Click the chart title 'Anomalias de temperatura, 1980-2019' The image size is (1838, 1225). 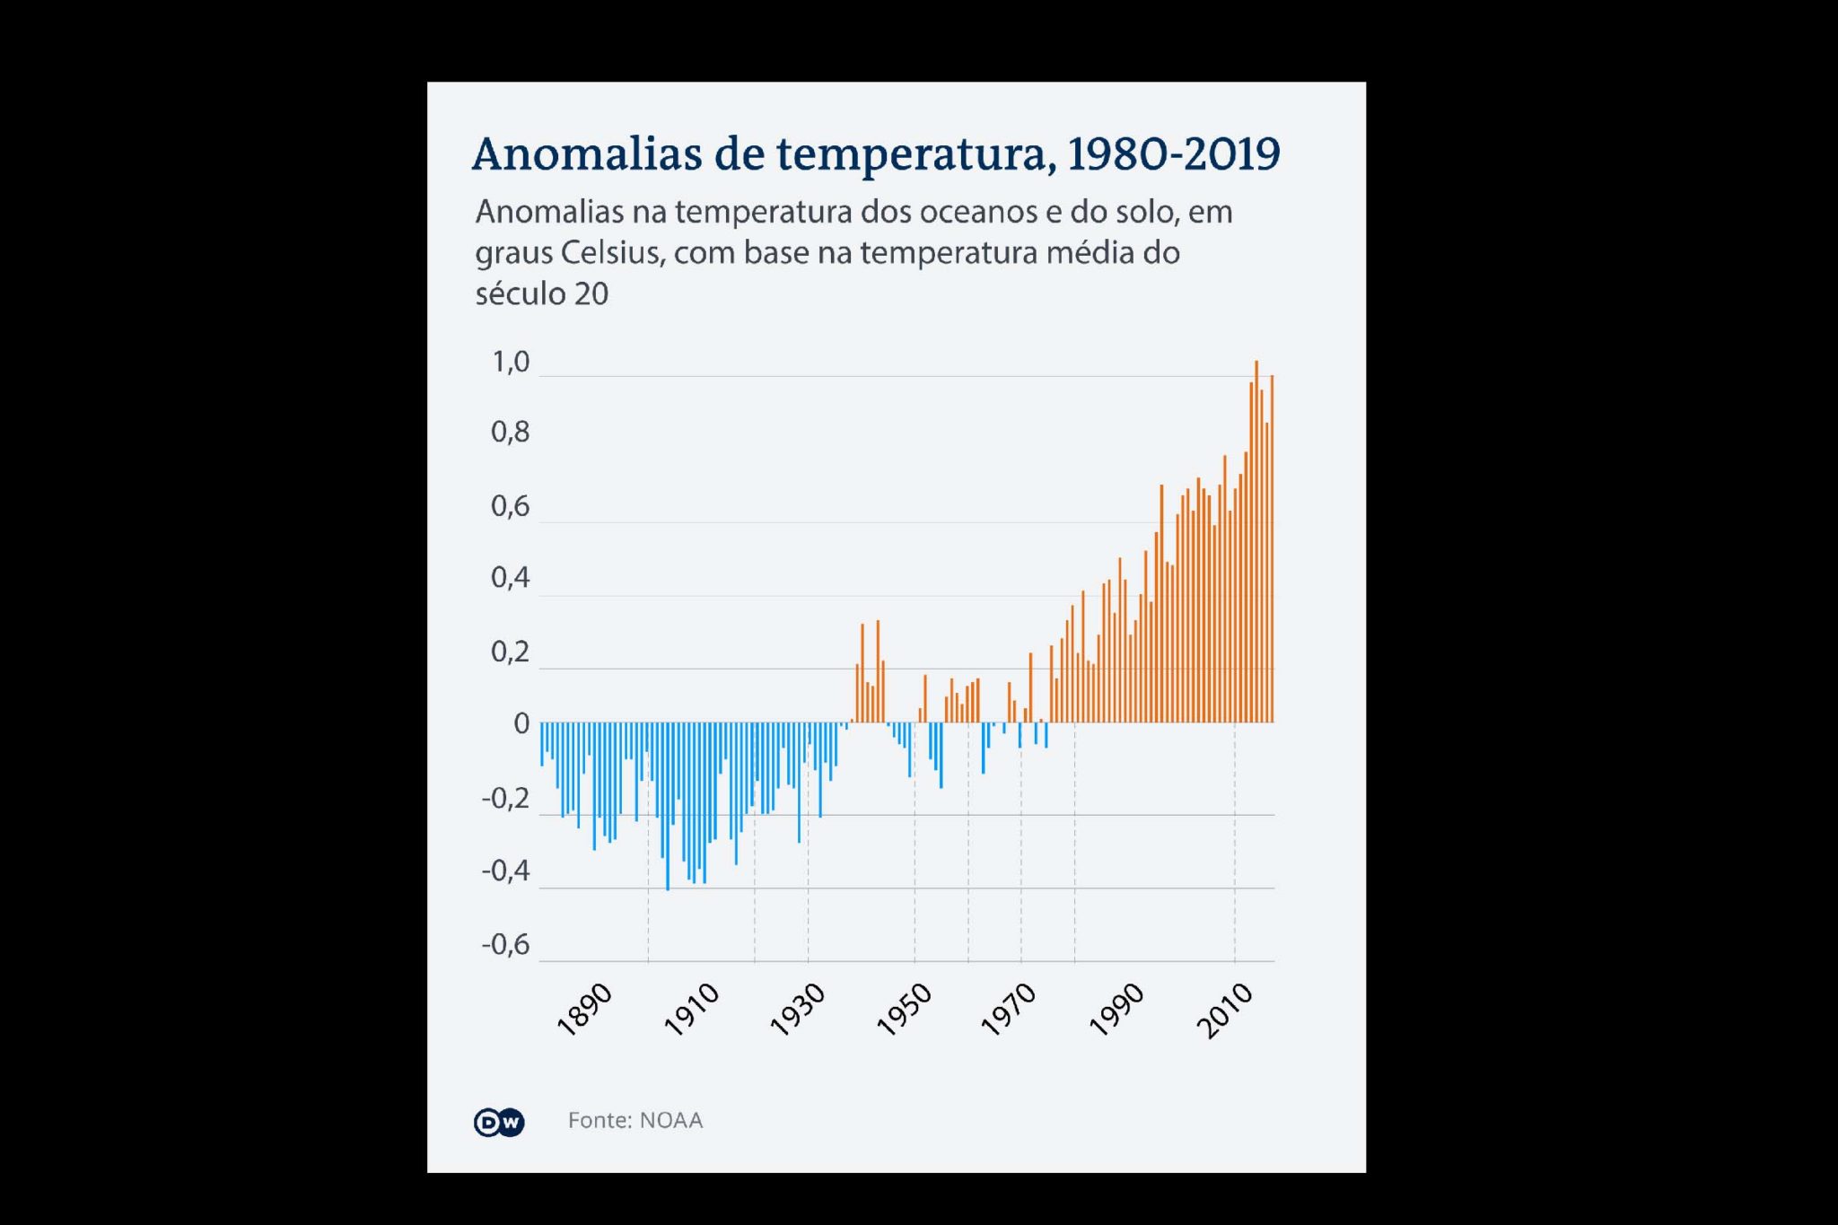tap(876, 154)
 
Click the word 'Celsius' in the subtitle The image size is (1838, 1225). tap(611, 253)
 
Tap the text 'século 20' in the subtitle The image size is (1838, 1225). tap(541, 293)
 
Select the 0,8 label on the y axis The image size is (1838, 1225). tap(510, 433)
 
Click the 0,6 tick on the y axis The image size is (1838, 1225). tap(510, 507)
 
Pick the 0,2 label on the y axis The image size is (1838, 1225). tap(510, 652)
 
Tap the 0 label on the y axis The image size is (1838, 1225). tap(521, 724)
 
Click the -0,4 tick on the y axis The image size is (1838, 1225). tap(505, 871)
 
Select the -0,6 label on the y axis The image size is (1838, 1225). tap(505, 945)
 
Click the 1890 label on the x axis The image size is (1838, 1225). tap(585, 1010)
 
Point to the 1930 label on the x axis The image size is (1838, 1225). tap(798, 1010)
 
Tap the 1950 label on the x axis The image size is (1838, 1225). tap(905, 1010)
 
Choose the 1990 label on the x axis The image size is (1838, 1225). tap(1117, 1010)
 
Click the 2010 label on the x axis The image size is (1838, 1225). tap(1225, 1010)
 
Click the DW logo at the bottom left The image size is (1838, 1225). tap(499, 1122)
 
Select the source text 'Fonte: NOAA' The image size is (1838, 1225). tap(635, 1121)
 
